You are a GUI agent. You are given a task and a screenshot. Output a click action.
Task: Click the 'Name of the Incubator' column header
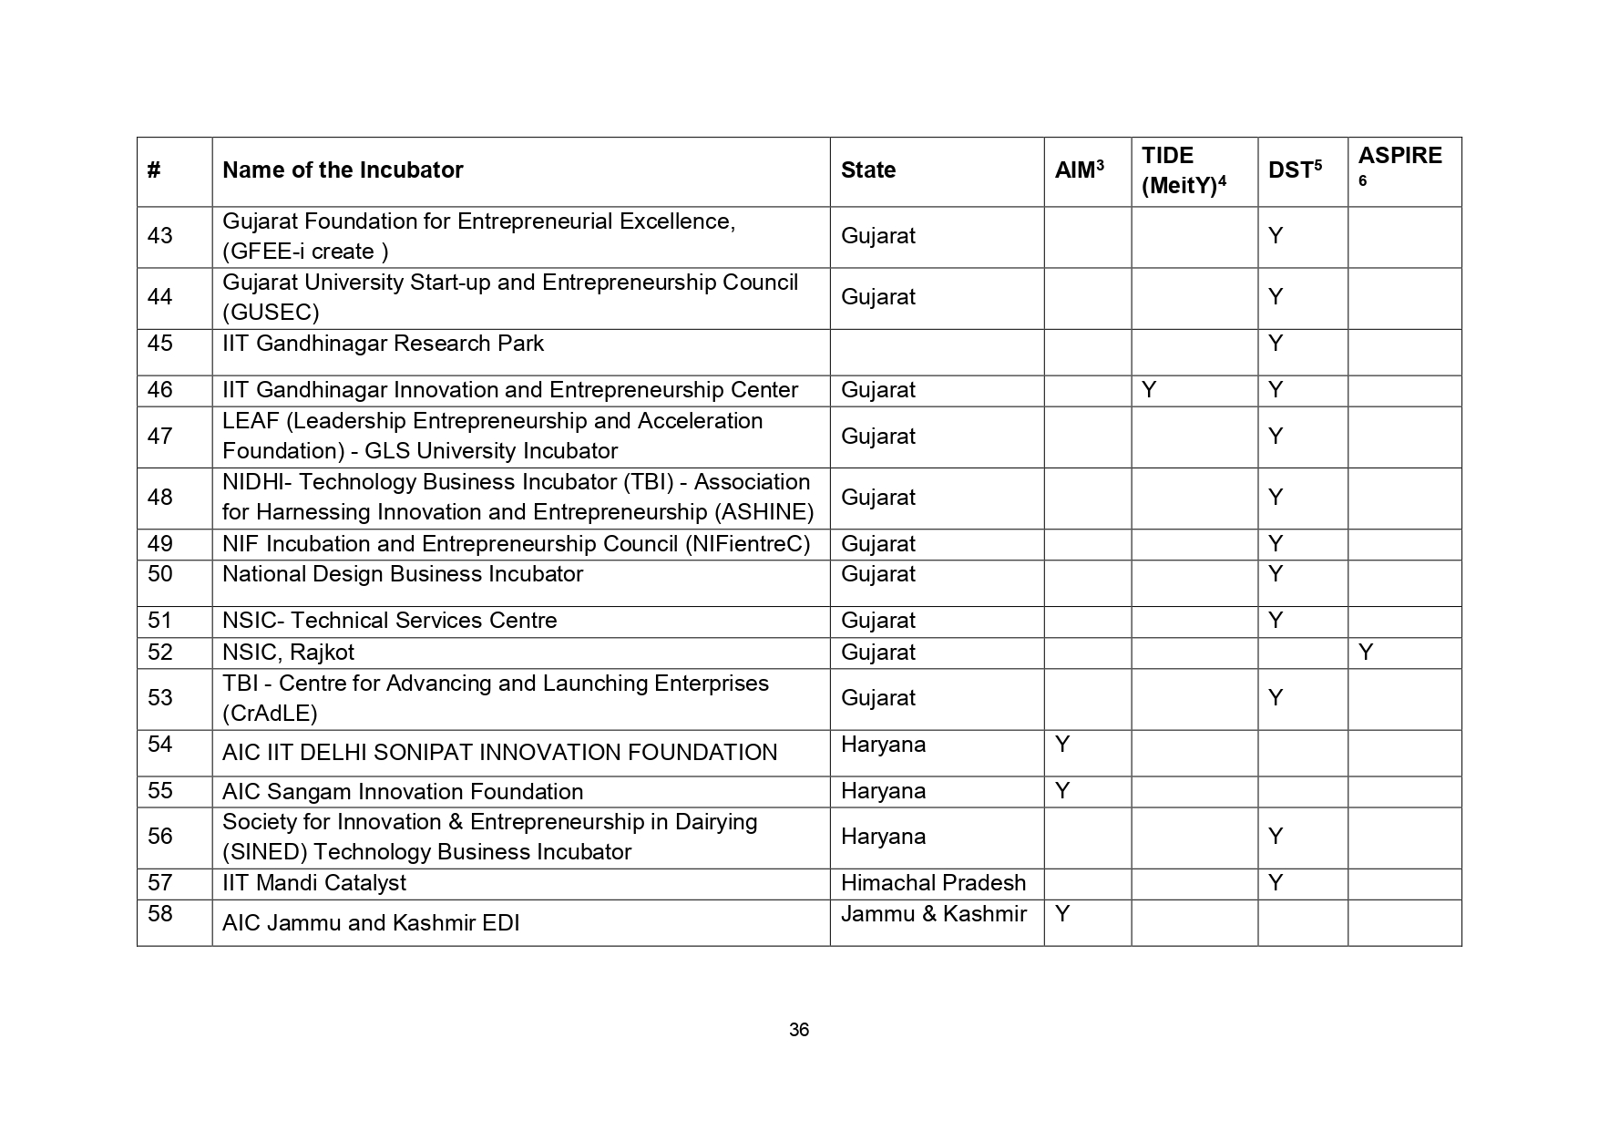pyautogui.click(x=343, y=170)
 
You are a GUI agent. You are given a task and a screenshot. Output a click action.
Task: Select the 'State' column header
pyautogui.click(x=867, y=170)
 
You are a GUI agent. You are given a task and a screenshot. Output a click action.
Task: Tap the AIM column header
pyautogui.click(x=1079, y=170)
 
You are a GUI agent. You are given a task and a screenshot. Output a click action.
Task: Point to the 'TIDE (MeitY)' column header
pyautogui.click(x=1183, y=170)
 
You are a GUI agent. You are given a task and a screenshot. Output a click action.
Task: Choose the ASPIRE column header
pyautogui.click(x=1399, y=157)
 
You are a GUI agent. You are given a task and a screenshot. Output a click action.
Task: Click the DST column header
pyautogui.click(x=1294, y=170)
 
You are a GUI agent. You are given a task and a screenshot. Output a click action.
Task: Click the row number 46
pyautogui.click(x=160, y=390)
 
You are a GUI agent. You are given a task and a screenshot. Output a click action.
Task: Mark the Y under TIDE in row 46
pyautogui.click(x=1149, y=390)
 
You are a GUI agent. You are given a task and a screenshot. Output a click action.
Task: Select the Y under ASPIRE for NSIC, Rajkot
pyautogui.click(x=1365, y=653)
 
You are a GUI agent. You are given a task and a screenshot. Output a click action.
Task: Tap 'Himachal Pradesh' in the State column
pyautogui.click(x=933, y=883)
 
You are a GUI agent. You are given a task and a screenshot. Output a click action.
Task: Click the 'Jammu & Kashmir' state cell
pyautogui.click(x=933, y=914)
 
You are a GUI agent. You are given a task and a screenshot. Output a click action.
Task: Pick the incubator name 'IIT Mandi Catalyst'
pyautogui.click(x=314, y=883)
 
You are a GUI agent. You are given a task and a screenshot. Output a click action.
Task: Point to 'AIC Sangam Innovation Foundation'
pyautogui.click(x=403, y=792)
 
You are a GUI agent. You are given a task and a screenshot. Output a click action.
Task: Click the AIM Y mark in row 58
pyautogui.click(x=1061, y=914)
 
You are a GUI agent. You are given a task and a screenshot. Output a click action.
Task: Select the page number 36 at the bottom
pyautogui.click(x=799, y=1030)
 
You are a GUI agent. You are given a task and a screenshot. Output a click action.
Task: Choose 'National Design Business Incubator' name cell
pyautogui.click(x=403, y=574)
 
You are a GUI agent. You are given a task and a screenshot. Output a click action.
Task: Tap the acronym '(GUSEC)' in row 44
pyautogui.click(x=271, y=313)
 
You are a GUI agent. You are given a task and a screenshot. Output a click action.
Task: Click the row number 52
pyautogui.click(x=160, y=653)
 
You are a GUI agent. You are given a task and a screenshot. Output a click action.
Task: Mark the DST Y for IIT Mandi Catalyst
pyautogui.click(x=1276, y=883)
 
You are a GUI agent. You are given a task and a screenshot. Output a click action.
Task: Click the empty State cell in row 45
pyautogui.click(x=936, y=352)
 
